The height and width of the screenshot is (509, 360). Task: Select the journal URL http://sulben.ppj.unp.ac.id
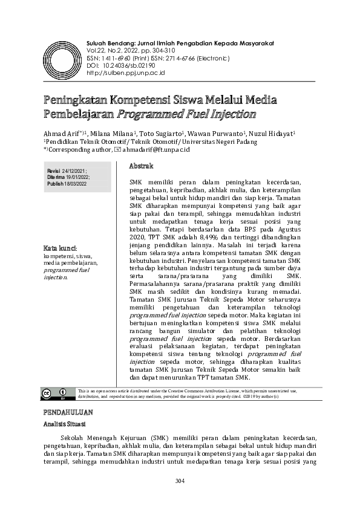126,72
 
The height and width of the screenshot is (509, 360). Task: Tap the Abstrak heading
142,166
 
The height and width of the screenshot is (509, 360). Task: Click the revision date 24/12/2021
74,171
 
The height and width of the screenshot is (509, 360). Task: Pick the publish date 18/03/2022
76,183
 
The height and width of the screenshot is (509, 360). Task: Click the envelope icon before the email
117,149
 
